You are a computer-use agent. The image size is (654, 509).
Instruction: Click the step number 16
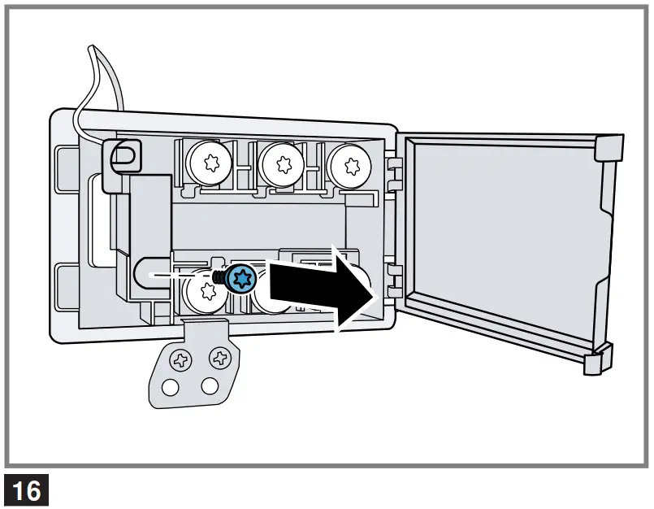pos(27,492)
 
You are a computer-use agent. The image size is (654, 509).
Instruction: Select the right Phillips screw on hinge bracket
pos(219,356)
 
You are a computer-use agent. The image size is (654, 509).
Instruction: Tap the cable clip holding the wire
pos(123,155)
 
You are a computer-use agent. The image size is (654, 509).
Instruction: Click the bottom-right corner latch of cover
pos(597,359)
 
